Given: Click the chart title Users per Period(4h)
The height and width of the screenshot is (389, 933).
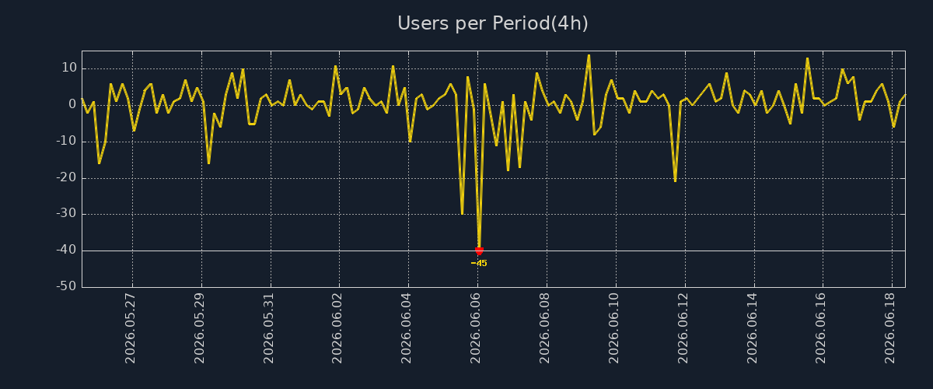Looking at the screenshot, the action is pos(493,23).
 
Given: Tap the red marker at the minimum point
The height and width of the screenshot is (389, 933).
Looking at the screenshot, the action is pos(479,251).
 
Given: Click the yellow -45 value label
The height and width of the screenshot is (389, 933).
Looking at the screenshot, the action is pos(479,264).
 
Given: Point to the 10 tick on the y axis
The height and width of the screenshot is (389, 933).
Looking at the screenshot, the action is pos(69,68).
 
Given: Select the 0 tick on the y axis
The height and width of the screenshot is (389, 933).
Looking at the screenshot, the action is pos(72,104).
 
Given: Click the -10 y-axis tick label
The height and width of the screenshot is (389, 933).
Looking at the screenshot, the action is pos(67,141).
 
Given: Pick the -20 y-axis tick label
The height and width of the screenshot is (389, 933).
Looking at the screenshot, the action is pos(67,177).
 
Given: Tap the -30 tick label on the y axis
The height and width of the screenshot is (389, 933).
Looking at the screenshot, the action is pos(67,213).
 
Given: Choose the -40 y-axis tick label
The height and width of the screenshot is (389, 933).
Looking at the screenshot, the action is pos(67,251).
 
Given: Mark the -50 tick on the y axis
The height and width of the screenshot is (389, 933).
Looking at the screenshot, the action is pos(67,286).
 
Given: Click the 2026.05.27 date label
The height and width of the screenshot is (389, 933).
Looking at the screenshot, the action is pos(131,328).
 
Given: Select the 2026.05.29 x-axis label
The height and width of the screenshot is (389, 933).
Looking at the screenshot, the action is pos(200,328).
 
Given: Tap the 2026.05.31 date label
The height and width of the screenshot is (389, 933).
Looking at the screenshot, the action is pos(269,328).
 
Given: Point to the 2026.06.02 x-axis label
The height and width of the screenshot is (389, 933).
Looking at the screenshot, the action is pos(337,328).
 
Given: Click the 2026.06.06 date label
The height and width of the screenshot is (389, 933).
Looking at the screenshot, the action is pos(475,328).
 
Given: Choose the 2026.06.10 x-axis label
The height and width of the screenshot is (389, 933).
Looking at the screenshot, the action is pos(613,328).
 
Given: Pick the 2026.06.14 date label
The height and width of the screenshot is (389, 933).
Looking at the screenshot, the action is pos(752,328).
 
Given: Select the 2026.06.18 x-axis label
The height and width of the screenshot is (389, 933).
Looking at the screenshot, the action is pos(889,328).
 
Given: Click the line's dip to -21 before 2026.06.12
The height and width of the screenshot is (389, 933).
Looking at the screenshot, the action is pos(675,181).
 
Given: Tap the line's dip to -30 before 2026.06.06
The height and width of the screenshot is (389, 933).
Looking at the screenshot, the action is pos(462,213).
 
